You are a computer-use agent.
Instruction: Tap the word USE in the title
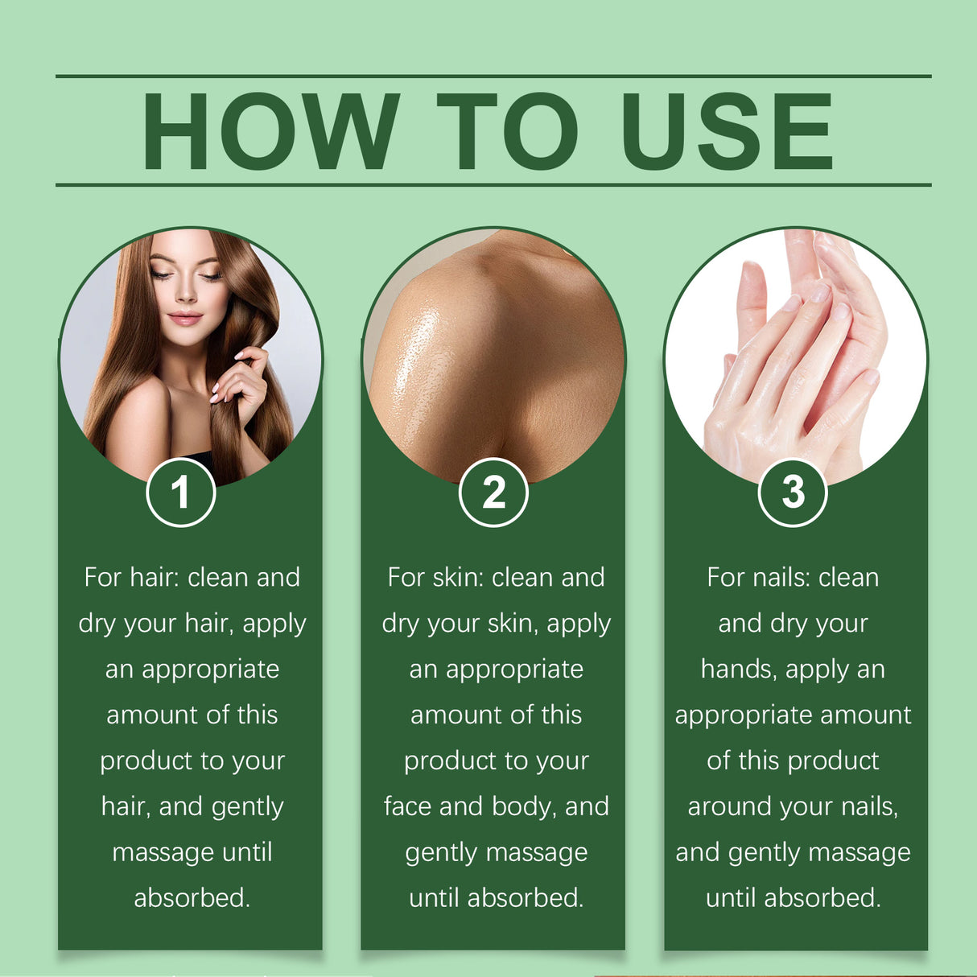[x=727, y=131]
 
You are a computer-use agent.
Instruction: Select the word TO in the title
[x=507, y=131]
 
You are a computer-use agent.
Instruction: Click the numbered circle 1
[x=181, y=492]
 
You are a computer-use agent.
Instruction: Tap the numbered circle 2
[x=493, y=492]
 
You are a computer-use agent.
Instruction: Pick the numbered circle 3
[x=793, y=492]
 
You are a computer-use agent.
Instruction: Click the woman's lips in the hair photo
[x=185, y=317]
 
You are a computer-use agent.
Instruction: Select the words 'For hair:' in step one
[x=131, y=578]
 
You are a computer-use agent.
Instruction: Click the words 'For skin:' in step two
[x=435, y=578]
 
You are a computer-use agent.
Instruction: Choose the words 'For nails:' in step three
[x=758, y=578]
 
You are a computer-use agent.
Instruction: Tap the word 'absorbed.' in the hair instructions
[x=192, y=898]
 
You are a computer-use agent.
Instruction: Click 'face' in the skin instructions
[x=409, y=806]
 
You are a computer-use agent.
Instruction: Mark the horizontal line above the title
[x=493, y=76]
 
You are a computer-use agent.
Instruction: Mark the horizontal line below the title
[x=493, y=184]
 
